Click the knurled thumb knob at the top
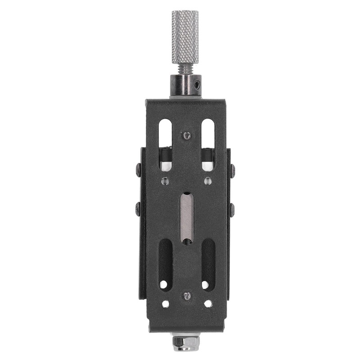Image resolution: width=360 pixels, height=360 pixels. (x=184, y=36)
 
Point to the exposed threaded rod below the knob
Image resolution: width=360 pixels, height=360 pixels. (x=184, y=68)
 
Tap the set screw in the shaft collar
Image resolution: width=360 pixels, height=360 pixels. (x=198, y=84)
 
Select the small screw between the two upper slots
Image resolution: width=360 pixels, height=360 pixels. (x=187, y=135)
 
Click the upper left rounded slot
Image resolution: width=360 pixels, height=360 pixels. (x=165, y=135)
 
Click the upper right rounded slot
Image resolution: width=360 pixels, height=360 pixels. (x=207, y=135)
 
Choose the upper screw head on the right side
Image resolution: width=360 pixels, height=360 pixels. (x=232, y=171)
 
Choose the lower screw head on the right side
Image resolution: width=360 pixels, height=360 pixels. (x=232, y=209)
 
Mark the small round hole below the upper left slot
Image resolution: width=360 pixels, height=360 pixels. (x=165, y=181)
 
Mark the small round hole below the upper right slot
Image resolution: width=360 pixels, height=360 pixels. (x=207, y=181)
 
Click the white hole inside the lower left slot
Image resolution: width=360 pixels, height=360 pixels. (x=163, y=284)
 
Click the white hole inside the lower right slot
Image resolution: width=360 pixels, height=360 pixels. (x=205, y=284)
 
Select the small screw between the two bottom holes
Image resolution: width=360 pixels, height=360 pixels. (x=187, y=296)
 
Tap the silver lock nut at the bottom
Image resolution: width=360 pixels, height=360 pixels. (x=185, y=343)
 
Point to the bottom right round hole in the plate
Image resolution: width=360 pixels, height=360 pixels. (x=208, y=304)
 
